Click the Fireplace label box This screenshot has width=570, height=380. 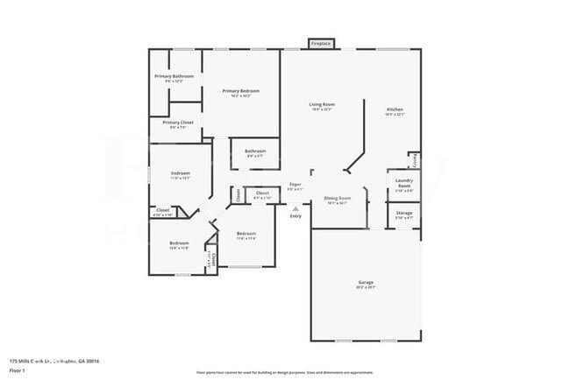[321, 43]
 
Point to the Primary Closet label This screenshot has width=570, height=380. [178, 123]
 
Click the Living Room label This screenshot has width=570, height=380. [321, 105]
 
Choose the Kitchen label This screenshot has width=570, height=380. [395, 109]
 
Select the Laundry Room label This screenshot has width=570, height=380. [404, 184]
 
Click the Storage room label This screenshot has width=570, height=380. [403, 213]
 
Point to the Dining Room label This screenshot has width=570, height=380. [338, 199]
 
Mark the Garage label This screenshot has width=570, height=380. [366, 283]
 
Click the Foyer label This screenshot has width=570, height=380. [296, 185]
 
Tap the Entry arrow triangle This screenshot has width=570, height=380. [296, 208]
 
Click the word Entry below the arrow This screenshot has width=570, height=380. [296, 216]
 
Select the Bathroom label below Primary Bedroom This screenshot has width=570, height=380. [255, 151]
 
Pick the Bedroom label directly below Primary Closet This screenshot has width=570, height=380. [180, 173]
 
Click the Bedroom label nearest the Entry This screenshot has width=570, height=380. [246, 234]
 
